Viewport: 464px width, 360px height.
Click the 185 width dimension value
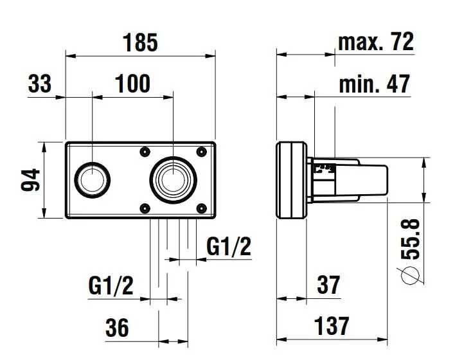click(x=141, y=42)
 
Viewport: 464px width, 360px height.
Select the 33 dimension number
click(x=40, y=83)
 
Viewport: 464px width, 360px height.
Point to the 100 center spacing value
click(x=132, y=84)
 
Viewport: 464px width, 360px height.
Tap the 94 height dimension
click(x=30, y=180)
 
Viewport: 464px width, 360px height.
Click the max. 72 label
click(x=376, y=42)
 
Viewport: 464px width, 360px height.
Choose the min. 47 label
click(x=375, y=84)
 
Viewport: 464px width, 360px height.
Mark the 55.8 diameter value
click(x=411, y=239)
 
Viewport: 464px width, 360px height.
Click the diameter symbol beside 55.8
click(x=410, y=275)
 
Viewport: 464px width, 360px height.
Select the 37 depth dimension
click(x=328, y=285)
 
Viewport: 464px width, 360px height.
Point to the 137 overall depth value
click(x=332, y=327)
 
